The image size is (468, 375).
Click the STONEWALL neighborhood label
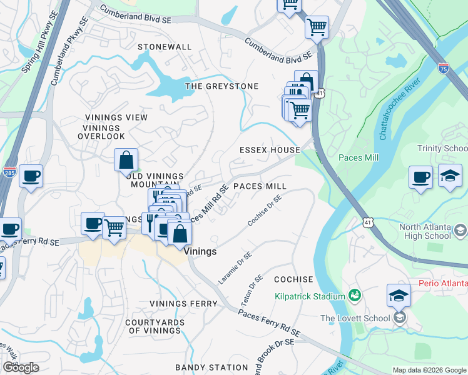(165, 47)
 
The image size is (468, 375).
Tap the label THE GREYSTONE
(222, 86)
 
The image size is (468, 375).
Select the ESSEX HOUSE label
(270, 150)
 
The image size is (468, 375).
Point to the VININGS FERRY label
(183, 304)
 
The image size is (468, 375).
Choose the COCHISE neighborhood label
(293, 279)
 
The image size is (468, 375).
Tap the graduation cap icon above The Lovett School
(399, 296)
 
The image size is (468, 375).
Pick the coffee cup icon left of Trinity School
(420, 176)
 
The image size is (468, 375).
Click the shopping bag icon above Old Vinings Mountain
(126, 160)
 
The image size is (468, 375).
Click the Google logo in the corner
(21, 367)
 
